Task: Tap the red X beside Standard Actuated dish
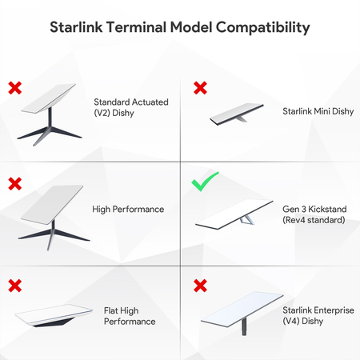15,86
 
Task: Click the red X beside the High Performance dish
15,184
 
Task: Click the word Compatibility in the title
258,28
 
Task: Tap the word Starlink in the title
78,28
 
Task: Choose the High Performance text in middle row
128,210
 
